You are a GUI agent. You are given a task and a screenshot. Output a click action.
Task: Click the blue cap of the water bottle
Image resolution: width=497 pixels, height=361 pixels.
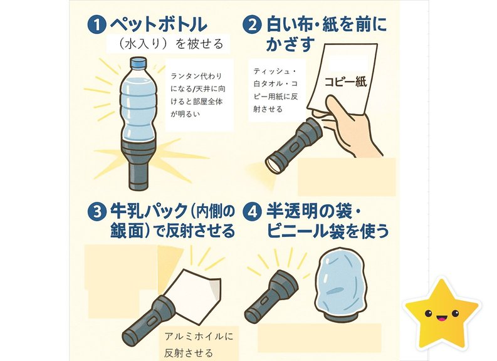click(139, 63)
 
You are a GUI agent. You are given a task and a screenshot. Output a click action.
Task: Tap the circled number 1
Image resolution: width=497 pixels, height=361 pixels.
click(96, 25)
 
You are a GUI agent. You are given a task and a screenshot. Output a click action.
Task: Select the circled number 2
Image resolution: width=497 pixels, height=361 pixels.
click(252, 25)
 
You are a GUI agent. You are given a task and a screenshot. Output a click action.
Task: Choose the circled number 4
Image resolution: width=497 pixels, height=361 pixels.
click(252, 212)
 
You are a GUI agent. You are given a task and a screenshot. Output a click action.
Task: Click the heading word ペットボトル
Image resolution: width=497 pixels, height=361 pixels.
click(159, 24)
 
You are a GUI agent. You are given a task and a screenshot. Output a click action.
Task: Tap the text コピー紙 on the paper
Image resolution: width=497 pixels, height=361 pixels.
click(345, 81)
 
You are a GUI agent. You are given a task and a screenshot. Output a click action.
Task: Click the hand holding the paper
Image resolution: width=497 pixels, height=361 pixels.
click(347, 127)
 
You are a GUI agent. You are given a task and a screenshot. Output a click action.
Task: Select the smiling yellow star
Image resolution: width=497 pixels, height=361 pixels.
click(442, 314)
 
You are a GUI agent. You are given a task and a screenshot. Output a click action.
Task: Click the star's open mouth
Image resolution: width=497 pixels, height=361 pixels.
click(441, 318)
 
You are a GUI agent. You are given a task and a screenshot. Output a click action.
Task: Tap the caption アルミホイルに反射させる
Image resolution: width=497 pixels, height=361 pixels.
click(199, 345)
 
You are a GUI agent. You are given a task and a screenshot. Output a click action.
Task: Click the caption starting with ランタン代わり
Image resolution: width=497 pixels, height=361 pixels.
click(198, 95)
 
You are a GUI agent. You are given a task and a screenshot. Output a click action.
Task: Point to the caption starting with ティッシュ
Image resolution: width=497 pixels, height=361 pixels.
click(275, 90)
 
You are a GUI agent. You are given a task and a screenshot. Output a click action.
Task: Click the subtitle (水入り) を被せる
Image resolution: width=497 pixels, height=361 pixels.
click(170, 44)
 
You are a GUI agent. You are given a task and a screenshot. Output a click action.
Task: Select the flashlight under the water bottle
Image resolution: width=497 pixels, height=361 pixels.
click(139, 164)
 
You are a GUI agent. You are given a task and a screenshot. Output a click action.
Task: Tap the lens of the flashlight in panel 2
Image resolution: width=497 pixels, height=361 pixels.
click(273, 164)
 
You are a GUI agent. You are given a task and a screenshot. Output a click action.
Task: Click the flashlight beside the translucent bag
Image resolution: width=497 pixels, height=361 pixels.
click(271, 296)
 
